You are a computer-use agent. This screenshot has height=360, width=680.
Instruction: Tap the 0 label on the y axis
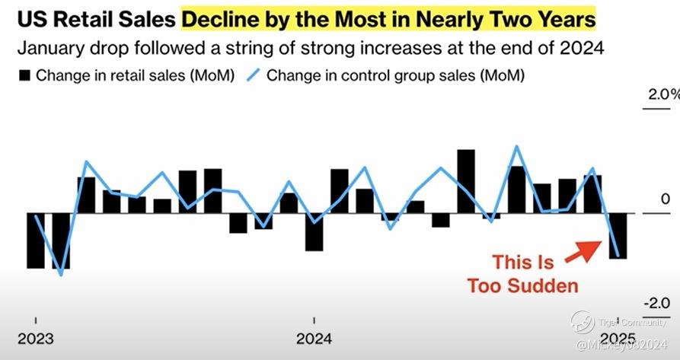(x=665, y=199)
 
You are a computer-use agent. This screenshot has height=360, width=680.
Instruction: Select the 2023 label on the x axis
(x=36, y=338)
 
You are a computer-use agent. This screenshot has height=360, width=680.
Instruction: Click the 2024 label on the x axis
(x=314, y=338)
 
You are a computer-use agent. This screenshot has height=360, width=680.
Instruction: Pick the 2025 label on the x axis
(x=618, y=338)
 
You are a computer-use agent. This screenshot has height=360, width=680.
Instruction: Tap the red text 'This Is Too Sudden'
(x=522, y=274)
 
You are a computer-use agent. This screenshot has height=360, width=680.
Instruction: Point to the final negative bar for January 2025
(x=618, y=236)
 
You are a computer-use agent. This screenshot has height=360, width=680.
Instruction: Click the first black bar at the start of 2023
(x=36, y=241)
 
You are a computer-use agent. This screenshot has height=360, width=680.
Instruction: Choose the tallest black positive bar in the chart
(x=466, y=181)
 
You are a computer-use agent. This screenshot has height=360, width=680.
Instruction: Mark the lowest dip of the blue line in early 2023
(x=61, y=274)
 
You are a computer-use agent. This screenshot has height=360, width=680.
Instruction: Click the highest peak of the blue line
(x=517, y=146)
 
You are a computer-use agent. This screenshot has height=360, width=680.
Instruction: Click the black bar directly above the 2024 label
(x=314, y=232)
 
